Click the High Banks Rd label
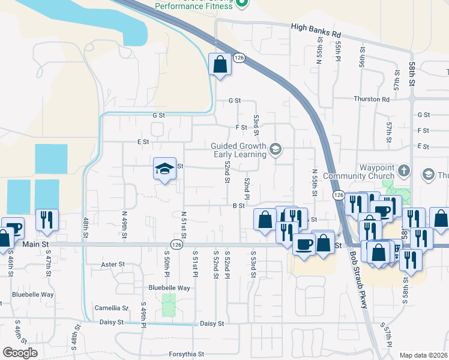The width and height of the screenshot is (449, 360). (316, 27)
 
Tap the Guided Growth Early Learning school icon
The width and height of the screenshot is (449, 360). (276, 149)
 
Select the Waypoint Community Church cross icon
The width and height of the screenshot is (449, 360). (404, 171)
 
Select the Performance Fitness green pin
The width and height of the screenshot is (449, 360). (241, 4)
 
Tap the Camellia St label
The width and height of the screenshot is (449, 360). (112, 308)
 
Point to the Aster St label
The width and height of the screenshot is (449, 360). (113, 264)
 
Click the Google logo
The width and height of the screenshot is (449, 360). (20, 353)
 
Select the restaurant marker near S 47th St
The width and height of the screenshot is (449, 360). (47, 220)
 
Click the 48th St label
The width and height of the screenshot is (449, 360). (86, 228)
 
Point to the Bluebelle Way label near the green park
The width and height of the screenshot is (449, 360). (169, 288)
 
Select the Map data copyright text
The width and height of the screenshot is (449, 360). (423, 355)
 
